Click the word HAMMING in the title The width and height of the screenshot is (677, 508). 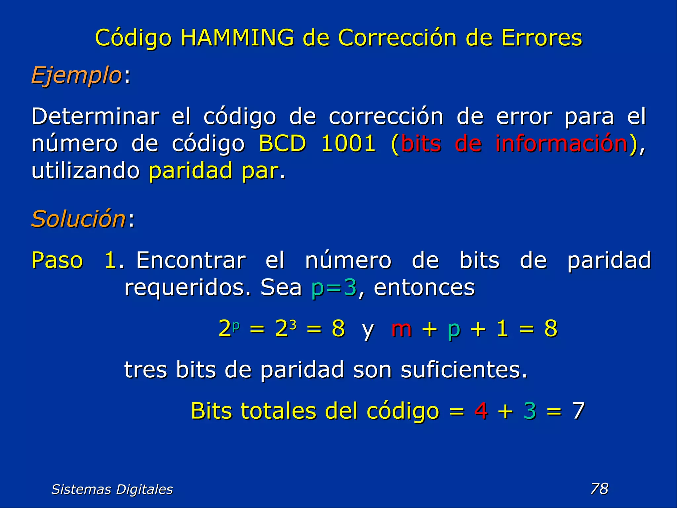tap(237, 38)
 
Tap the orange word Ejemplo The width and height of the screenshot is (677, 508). tap(77, 76)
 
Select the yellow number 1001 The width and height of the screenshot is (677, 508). tap(348, 144)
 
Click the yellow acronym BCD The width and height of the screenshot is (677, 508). tap(282, 144)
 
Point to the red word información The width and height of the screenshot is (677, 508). tap(561, 144)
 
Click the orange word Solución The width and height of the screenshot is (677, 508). tap(78, 219)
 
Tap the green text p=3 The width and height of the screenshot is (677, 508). tap(334, 287)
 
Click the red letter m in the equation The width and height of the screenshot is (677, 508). tap(401, 329)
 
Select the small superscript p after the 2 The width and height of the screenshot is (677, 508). tap(236, 325)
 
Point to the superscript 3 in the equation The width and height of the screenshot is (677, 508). tap(293, 325)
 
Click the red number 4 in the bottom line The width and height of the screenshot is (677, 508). tap(481, 411)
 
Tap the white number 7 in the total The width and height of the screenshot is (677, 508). tap(578, 411)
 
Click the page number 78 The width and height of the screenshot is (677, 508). tap(599, 488)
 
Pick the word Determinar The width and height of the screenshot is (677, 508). tap(95, 116)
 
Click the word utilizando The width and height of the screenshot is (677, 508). tap(86, 171)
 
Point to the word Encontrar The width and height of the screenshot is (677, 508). tap(191, 260)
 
